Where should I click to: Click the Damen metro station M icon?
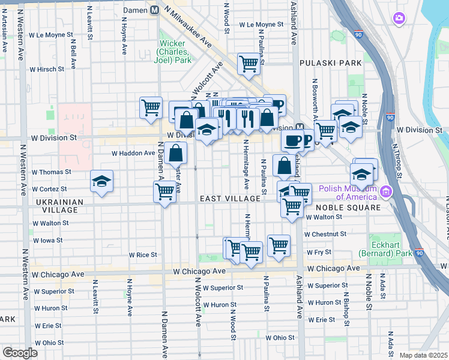154,10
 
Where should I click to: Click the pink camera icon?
399,19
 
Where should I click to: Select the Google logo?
20,353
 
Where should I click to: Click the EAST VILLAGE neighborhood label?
230,199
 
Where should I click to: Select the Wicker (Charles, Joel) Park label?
175,52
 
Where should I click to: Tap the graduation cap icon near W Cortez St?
102,182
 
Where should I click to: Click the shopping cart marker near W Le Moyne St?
249,63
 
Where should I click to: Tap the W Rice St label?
143,254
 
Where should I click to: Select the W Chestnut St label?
325,234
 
